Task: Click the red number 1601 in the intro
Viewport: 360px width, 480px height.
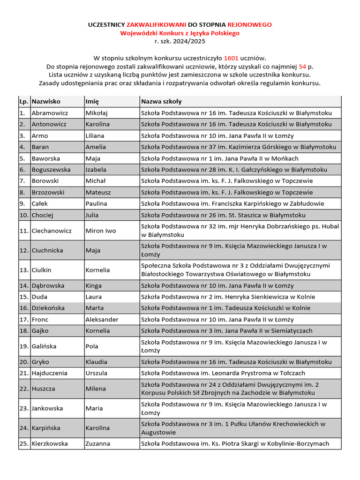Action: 231,58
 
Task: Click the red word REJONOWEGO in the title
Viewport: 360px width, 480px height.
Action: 249,24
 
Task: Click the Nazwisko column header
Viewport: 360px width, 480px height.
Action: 46,101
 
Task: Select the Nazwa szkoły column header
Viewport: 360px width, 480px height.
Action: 161,101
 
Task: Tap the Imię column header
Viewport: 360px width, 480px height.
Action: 92,101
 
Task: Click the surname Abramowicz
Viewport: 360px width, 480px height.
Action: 50,113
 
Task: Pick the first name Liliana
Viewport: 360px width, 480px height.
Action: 96,135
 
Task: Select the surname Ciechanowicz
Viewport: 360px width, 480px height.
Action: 52,231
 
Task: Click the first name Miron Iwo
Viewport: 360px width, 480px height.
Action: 100,231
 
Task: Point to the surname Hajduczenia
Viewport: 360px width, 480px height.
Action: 49,373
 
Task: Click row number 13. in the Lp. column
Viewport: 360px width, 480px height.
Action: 24,270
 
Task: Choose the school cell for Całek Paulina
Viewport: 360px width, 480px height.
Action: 232,203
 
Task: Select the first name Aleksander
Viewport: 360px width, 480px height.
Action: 102,319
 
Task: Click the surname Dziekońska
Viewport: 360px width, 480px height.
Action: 48,308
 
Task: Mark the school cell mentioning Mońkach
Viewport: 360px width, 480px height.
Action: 226,158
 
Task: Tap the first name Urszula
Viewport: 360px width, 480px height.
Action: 96,373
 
